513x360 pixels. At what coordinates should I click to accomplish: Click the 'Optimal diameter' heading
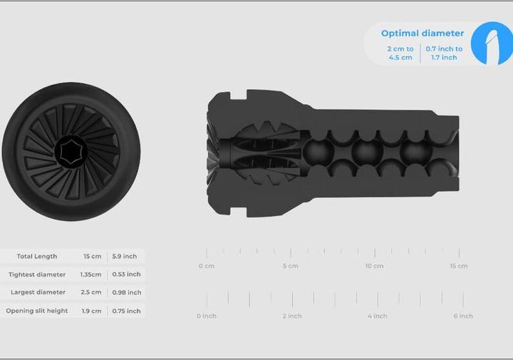coord(423,34)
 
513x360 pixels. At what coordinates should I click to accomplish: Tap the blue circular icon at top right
coord(492,43)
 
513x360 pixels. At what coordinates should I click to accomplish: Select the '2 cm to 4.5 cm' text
coord(400,53)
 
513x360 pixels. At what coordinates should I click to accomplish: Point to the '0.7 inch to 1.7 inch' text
coord(444,53)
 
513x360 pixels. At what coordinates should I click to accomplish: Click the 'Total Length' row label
coord(37,256)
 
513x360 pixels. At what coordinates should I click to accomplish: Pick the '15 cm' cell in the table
coord(92,256)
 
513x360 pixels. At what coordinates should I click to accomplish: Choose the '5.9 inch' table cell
coord(124,256)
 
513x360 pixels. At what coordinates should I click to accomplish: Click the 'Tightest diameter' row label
coord(37,274)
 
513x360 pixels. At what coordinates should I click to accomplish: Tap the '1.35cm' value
coord(90,274)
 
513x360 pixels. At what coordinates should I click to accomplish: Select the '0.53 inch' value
coord(126,274)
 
